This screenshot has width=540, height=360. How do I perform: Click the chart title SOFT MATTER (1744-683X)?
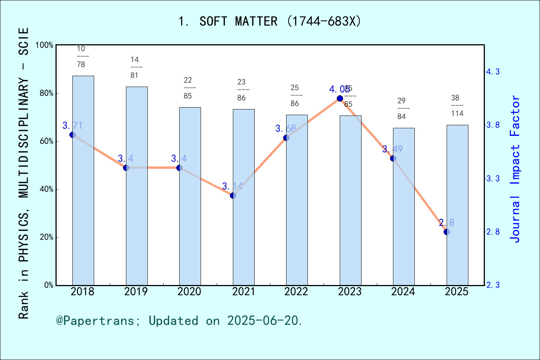pos(270,21)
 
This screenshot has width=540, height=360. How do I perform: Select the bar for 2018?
pos(83,180)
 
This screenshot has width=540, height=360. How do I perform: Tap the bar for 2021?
pos(243,197)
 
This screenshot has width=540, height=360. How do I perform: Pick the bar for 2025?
pos(457,205)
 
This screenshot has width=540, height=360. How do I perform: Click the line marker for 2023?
pos(340,98)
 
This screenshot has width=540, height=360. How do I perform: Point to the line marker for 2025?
pos(447,232)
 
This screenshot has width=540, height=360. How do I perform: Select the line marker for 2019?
pos(126,168)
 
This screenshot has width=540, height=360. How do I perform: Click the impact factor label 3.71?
pos(72,126)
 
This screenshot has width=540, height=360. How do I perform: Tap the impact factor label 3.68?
pos(285,129)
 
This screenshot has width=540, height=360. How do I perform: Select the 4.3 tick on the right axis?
pos(493,72)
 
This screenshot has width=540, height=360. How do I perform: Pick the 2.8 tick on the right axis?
pos(493,232)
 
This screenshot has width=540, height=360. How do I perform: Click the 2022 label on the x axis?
pos(296,292)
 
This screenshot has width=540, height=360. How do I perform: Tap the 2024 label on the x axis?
pos(403,292)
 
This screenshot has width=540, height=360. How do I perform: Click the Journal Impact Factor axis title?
pos(515,169)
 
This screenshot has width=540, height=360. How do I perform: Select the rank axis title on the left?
pos(24,172)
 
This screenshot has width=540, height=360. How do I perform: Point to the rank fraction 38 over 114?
pos(457,106)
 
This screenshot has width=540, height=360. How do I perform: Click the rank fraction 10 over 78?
pos(81,57)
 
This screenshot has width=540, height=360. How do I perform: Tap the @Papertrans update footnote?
pos(179,321)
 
